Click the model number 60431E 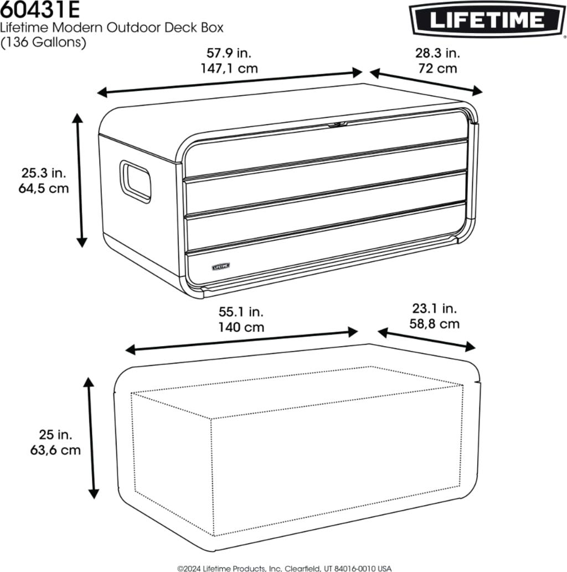pyautogui.click(x=40, y=9)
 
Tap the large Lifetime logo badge pyautogui.click(x=487, y=19)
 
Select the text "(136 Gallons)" pyautogui.click(x=43, y=42)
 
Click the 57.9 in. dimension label pyautogui.click(x=229, y=53)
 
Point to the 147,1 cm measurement pyautogui.click(x=229, y=68)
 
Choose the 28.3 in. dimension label pyautogui.click(x=437, y=53)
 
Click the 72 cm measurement pyautogui.click(x=437, y=68)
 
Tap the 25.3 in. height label pyautogui.click(x=44, y=173)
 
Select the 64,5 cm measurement pyautogui.click(x=44, y=188)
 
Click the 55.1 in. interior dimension pyautogui.click(x=241, y=312)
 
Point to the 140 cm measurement pyautogui.click(x=241, y=327)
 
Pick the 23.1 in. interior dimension pyautogui.click(x=435, y=308)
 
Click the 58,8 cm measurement pyautogui.click(x=434, y=323)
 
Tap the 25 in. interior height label pyautogui.click(x=55, y=435)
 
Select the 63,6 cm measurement pyautogui.click(x=55, y=450)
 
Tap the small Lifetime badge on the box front pyautogui.click(x=221, y=266)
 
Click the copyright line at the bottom pyautogui.click(x=284, y=568)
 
